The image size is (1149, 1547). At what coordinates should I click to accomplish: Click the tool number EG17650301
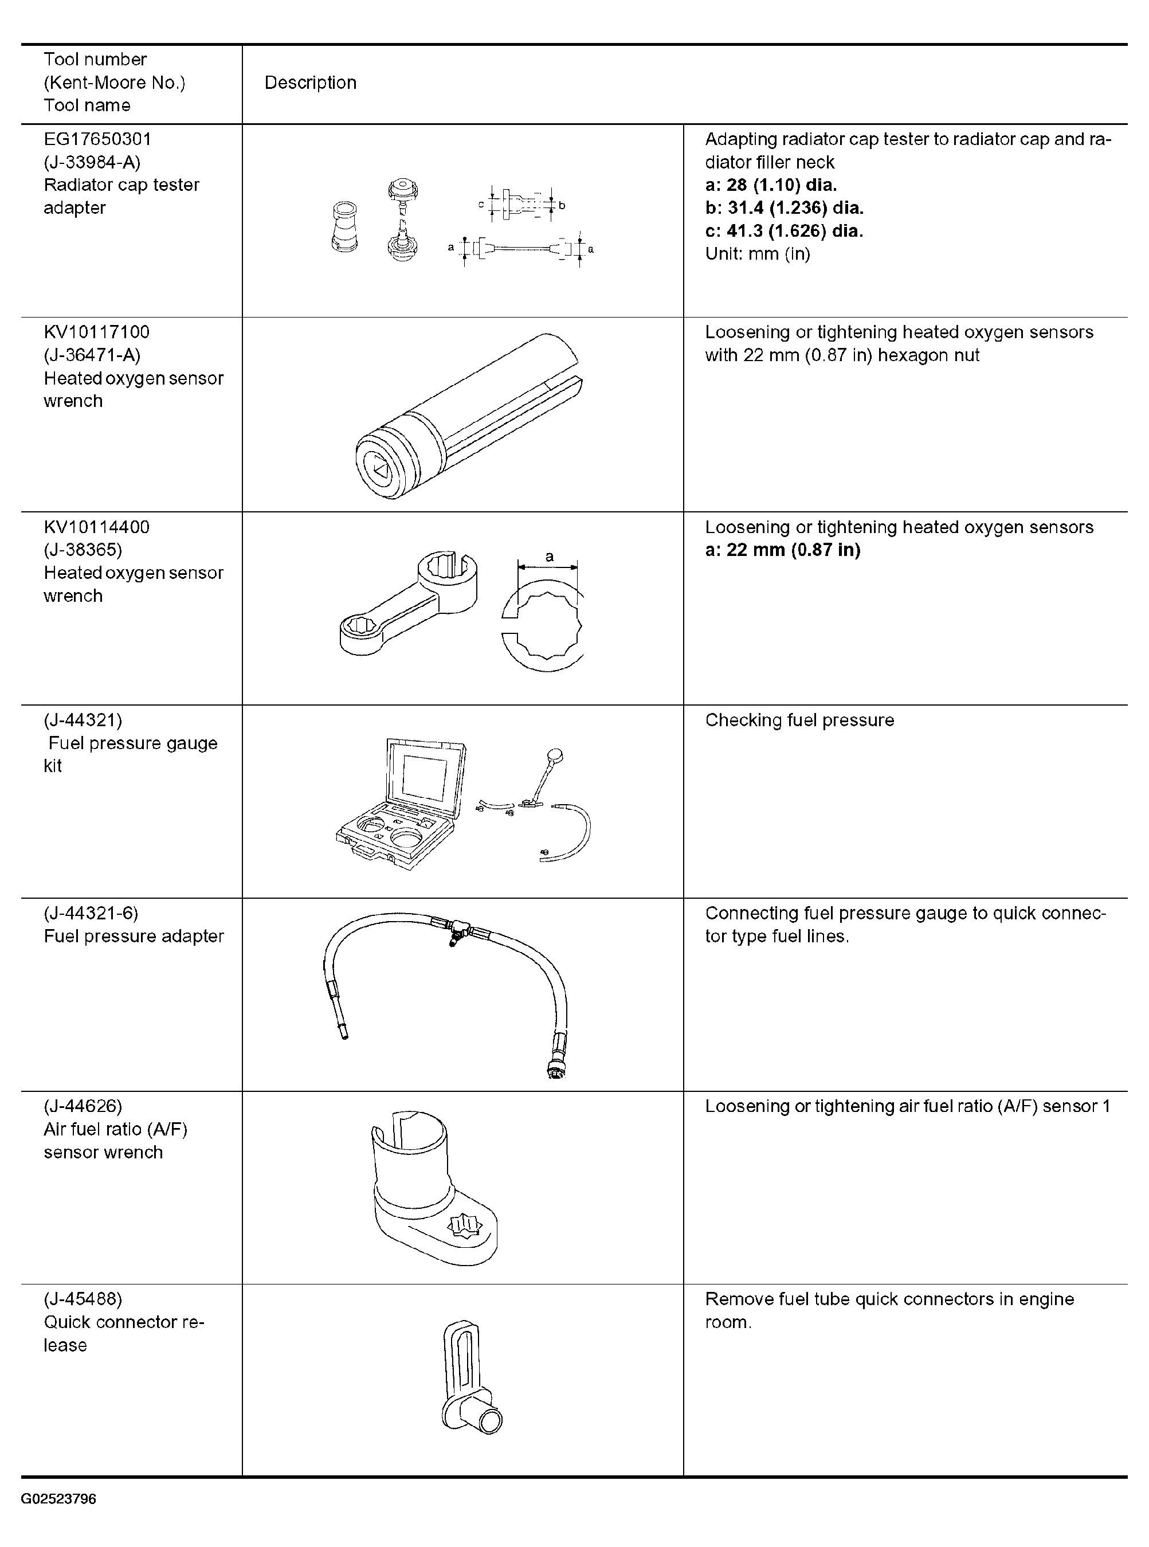[x=97, y=139]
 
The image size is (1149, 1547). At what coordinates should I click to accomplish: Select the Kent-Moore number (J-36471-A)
[x=92, y=355]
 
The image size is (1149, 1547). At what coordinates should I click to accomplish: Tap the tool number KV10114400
[x=97, y=527]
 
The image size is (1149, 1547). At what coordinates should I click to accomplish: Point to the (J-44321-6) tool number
[x=91, y=913]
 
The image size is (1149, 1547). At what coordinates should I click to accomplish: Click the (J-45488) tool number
[x=83, y=1299]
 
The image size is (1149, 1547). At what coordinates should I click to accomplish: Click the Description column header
[x=310, y=83]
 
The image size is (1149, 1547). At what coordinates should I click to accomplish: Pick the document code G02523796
[x=58, y=1499]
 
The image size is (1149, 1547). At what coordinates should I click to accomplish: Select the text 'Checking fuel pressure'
[x=799, y=720]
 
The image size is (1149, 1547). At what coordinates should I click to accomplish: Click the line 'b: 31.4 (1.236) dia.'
[x=784, y=208]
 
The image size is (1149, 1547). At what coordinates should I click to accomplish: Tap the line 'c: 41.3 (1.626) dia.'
[x=784, y=231]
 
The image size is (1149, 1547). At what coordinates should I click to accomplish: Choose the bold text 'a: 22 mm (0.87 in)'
[x=782, y=550]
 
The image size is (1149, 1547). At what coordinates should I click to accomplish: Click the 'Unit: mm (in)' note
[x=758, y=254]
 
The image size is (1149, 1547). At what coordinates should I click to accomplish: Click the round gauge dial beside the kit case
[x=555, y=755]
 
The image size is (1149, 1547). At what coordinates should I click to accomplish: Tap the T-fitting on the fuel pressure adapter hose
[x=453, y=931]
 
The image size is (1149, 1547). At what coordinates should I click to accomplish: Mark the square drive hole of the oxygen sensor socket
[x=379, y=468]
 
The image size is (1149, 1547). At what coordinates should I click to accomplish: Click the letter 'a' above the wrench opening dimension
[x=550, y=557]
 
